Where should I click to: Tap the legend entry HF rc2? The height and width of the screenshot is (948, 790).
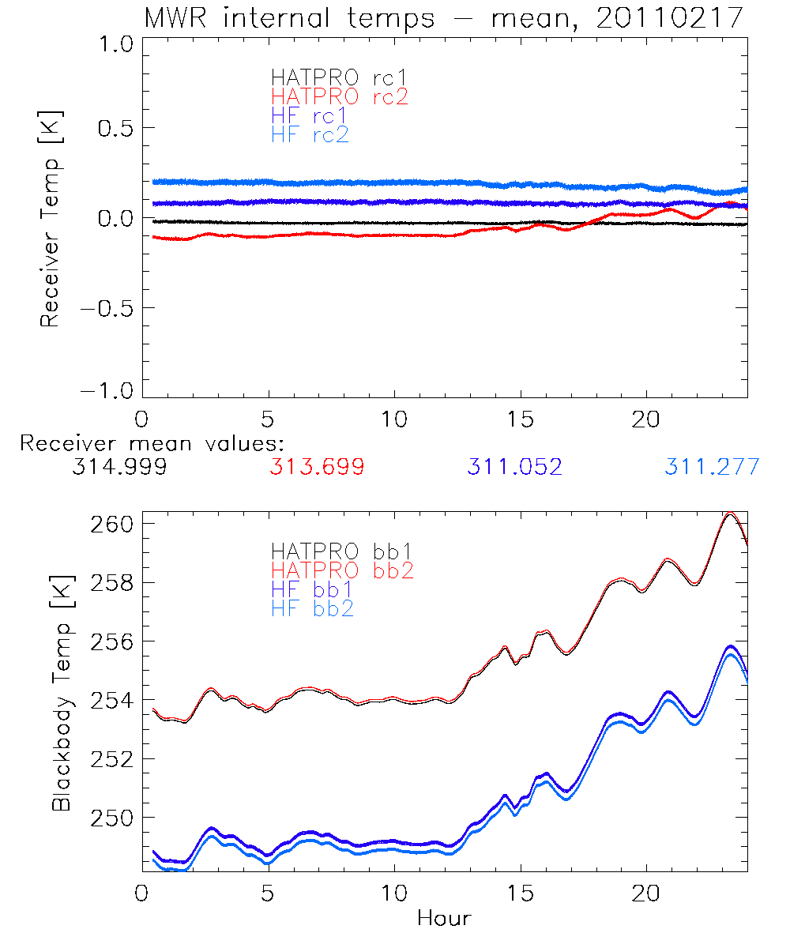[x=310, y=135]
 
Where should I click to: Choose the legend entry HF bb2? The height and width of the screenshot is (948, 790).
[x=312, y=608]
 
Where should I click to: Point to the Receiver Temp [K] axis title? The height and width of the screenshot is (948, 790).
[x=51, y=218]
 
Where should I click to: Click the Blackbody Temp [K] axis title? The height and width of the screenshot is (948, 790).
[x=62, y=694]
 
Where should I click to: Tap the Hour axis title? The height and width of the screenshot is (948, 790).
[x=444, y=919]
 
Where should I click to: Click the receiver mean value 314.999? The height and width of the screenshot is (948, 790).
[x=119, y=468]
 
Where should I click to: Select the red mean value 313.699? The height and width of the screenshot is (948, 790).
[x=317, y=468]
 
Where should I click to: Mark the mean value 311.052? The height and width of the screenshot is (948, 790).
[x=514, y=468]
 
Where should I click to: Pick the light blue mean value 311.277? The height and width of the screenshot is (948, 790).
[x=712, y=468]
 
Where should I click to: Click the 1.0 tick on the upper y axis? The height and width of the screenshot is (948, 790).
[x=113, y=45]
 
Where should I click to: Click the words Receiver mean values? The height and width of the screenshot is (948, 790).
[x=152, y=443]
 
